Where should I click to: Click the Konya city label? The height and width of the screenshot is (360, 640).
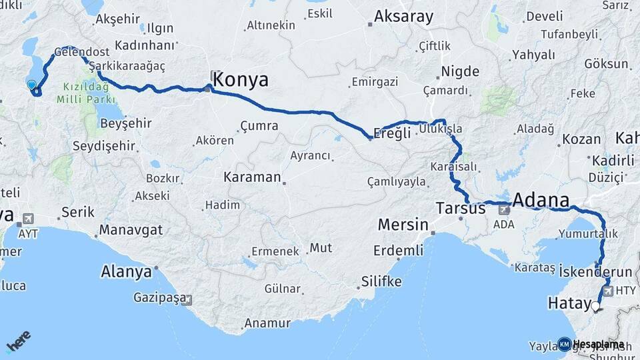(242, 80)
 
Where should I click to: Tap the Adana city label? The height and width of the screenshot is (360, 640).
(541, 200)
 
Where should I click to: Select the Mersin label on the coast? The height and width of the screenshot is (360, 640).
(403, 225)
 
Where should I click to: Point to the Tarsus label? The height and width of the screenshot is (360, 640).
(461, 208)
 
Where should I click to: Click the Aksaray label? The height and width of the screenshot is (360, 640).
(404, 17)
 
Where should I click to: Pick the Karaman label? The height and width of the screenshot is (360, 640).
(252, 177)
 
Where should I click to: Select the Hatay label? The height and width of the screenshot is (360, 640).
(566, 303)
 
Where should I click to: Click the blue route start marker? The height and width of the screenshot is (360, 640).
(31, 85)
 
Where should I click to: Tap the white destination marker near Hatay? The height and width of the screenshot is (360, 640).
(595, 307)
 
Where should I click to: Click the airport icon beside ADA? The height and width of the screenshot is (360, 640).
(503, 209)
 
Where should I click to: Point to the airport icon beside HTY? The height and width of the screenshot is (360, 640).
(607, 291)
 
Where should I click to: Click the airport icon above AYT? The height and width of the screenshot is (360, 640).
(28, 219)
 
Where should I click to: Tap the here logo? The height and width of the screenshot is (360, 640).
(18, 341)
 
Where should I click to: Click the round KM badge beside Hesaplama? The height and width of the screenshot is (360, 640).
(564, 345)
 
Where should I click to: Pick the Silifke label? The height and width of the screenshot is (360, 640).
(381, 281)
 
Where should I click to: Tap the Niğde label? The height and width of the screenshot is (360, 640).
(460, 71)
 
